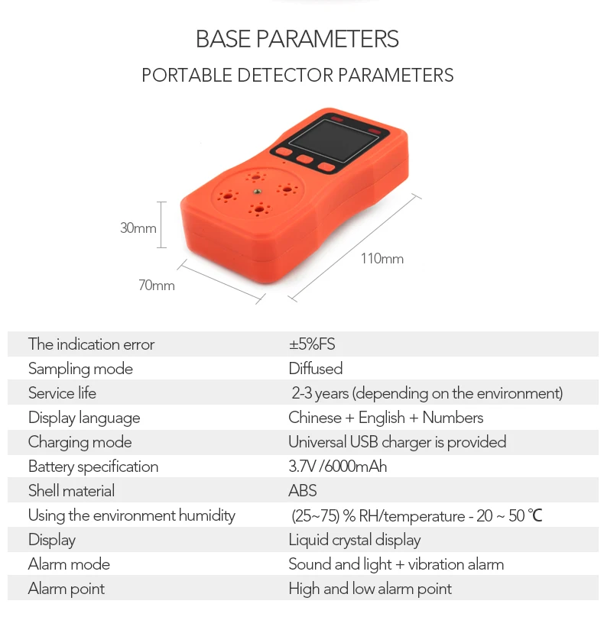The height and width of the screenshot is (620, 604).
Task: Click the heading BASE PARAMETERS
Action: [297, 39]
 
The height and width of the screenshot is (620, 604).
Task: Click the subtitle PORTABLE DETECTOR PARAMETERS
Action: [297, 76]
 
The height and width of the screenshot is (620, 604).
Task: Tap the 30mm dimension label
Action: [138, 228]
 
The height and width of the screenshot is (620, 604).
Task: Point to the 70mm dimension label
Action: [156, 286]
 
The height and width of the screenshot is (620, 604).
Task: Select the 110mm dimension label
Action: [382, 259]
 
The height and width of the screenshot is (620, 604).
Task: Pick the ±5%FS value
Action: [311, 344]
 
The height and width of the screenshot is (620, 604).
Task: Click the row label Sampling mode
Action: [80, 369]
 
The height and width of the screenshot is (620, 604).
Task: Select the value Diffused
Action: [315, 369]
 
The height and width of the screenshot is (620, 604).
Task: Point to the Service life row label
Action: [62, 393]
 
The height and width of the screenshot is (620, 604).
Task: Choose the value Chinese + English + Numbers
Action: [385, 418]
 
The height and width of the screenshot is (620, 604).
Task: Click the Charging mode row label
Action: [80, 442]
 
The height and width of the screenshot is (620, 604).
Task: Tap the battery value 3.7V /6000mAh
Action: [337, 467]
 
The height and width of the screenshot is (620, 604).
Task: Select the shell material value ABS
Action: [302, 491]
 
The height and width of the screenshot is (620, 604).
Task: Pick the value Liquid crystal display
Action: [354, 540]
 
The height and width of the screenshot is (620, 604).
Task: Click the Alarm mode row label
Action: [69, 564]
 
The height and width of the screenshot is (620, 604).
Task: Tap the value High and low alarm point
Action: [369, 589]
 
